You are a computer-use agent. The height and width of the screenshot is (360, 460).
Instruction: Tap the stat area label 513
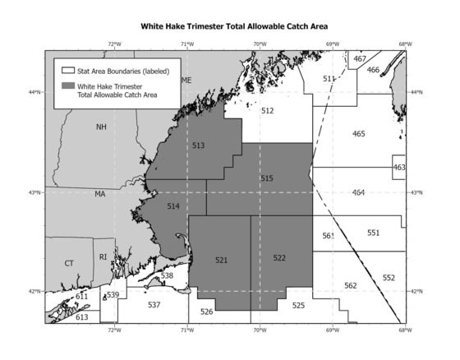tap(198, 145)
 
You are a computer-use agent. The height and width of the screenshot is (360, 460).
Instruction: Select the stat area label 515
tap(266, 178)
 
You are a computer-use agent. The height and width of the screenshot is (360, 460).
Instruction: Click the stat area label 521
tap(221, 260)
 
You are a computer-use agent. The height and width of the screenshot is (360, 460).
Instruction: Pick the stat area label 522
tap(279, 258)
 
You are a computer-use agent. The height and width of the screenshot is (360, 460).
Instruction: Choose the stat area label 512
tap(267, 109)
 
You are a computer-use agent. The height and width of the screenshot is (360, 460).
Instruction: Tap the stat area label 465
tap(358, 133)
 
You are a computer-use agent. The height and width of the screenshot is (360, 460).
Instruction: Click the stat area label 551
tap(374, 233)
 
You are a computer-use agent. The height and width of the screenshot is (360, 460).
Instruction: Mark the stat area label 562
tap(351, 285)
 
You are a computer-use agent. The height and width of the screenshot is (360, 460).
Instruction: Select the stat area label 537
tap(154, 305)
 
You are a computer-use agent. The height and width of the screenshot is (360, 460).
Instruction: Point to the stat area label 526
tap(207, 311)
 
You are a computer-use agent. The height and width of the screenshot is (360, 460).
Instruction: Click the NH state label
tap(101, 127)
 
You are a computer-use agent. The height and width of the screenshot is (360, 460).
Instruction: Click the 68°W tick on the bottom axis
tap(404, 330)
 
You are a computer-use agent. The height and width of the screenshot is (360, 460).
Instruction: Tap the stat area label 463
tap(399, 168)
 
